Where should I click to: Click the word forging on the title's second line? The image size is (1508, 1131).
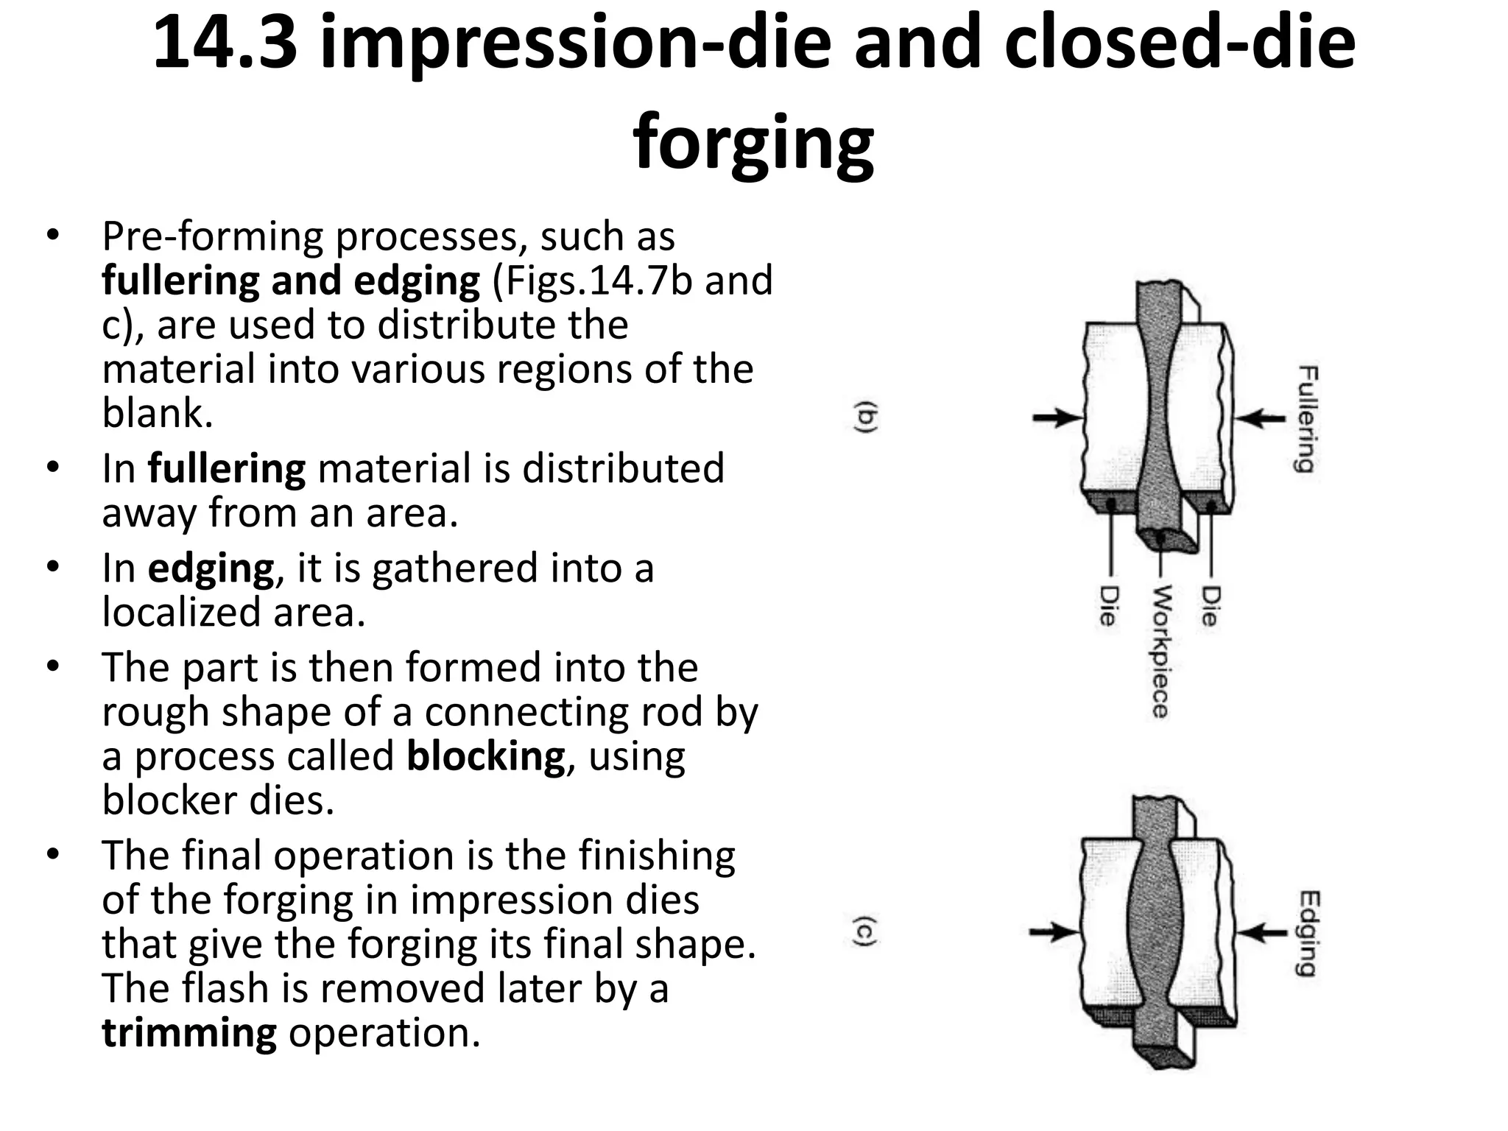(753, 141)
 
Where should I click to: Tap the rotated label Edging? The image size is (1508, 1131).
(1308, 933)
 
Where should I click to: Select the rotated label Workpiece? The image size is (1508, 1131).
(1160, 651)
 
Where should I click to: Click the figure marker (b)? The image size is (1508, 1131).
(867, 417)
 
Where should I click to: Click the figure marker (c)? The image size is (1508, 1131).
(865, 931)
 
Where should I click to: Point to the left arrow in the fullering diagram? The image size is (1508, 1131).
(1057, 418)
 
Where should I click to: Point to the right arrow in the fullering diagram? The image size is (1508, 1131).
(1260, 418)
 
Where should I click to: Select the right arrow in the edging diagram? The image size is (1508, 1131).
(1260, 933)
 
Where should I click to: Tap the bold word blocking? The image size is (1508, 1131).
(485, 756)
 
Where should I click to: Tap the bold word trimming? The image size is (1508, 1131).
(189, 1032)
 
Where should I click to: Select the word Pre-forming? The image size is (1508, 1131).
(213, 236)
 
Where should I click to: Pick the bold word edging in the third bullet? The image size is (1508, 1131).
(211, 569)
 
